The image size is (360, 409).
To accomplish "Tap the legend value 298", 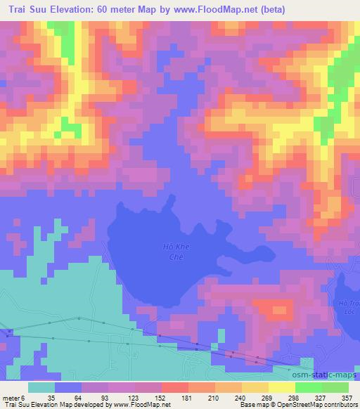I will coord(294,398).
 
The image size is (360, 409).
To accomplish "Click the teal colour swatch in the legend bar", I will coord(41,387).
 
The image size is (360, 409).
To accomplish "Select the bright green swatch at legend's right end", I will coord(335,387).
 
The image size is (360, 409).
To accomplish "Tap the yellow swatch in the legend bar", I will coord(281,387).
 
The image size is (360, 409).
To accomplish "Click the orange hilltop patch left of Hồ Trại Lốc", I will coord(274,308).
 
